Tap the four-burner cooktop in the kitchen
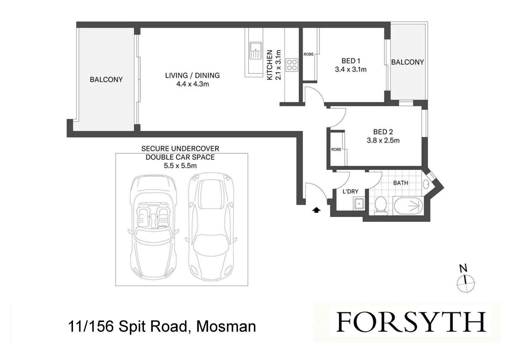tap(292, 65)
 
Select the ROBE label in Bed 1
tap(308, 54)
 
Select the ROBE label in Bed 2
tap(336, 149)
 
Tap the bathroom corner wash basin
tap(426, 183)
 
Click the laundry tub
tap(359, 203)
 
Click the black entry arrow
tap(316, 210)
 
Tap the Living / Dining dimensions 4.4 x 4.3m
tap(192, 84)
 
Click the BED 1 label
tap(351, 61)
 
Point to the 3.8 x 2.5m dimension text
tap(383, 140)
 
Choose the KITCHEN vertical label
tap(270, 65)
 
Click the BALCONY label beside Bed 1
tap(407, 62)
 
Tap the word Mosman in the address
tap(226, 326)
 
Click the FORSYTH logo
tap(411, 322)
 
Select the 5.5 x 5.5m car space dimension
tap(180, 165)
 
